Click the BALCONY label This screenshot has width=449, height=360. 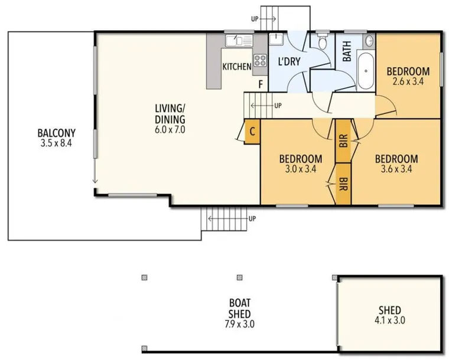click(57, 133)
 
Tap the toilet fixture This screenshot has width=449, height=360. click(323, 41)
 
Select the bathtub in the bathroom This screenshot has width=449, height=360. click(366, 71)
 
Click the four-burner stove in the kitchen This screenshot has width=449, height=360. click(261, 61)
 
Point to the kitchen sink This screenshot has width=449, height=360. click(239, 41)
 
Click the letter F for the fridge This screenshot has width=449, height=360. click(261, 84)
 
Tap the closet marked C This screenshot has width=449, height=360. click(252, 132)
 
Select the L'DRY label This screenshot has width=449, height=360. click(289, 61)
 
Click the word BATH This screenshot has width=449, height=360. click(347, 51)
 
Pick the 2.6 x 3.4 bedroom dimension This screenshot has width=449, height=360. click(408, 82)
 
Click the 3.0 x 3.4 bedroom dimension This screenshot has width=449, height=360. click(300, 169)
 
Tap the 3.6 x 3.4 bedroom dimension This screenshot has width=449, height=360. click(396, 169)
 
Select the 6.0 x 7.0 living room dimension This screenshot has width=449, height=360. click(170, 130)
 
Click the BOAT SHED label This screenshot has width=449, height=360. click(240, 308)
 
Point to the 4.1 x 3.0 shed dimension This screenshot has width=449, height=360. click(390, 320)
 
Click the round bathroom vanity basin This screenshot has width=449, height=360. click(369, 41)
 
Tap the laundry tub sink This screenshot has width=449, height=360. click(276, 39)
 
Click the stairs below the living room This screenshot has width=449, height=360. click(224, 219)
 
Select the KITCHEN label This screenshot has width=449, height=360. click(237, 67)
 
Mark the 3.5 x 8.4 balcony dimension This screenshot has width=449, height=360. click(56, 143)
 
